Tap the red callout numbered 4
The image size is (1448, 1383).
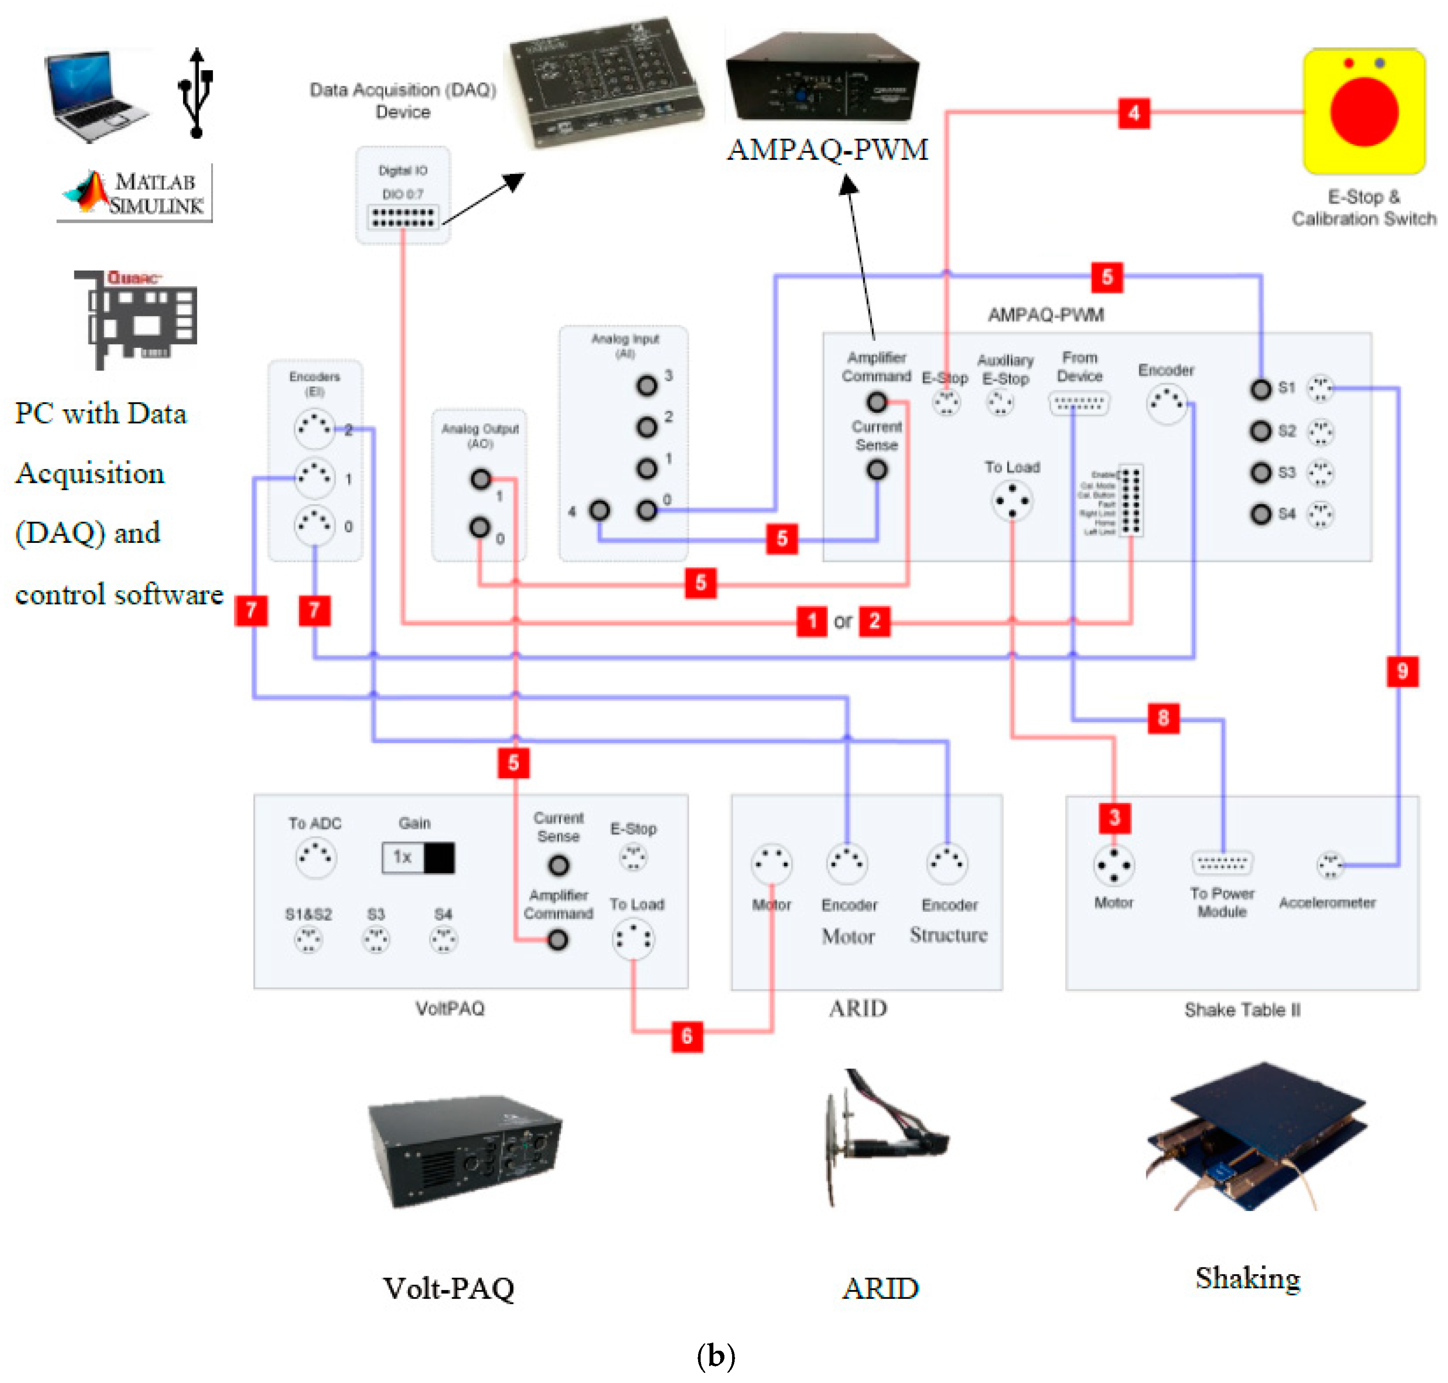1133,113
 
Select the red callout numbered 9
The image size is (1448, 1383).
1402,671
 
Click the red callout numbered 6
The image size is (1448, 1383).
687,1036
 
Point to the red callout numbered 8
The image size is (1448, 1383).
1162,717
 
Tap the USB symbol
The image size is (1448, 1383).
196,93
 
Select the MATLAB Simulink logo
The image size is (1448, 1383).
135,192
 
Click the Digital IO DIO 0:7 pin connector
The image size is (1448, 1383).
402,217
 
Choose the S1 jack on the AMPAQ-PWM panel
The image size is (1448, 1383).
1261,389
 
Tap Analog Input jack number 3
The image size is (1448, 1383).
647,385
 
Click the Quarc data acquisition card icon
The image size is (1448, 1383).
136,319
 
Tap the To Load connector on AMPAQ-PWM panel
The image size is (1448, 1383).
1012,501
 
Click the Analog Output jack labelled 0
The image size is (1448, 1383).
480,527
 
